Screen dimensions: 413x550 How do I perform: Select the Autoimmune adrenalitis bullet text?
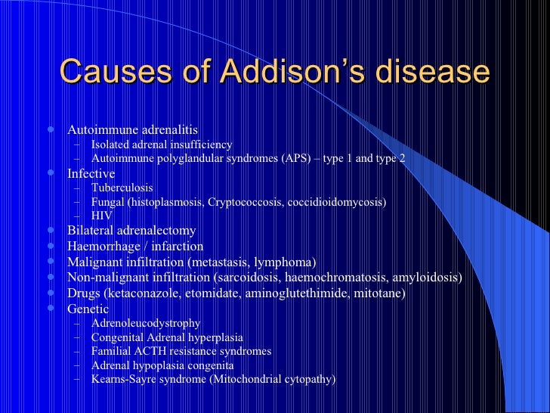pos(133,129)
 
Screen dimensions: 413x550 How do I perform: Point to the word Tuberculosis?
pos(122,188)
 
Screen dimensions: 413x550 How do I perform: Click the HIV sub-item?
pos(101,216)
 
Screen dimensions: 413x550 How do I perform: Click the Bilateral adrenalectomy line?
pos(131,231)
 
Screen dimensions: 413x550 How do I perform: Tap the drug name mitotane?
pos(381,293)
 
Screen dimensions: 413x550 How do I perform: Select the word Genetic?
pos(88,309)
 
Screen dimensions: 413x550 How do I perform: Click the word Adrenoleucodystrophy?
pos(146,323)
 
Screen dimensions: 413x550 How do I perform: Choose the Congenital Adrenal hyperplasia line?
pos(166,337)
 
